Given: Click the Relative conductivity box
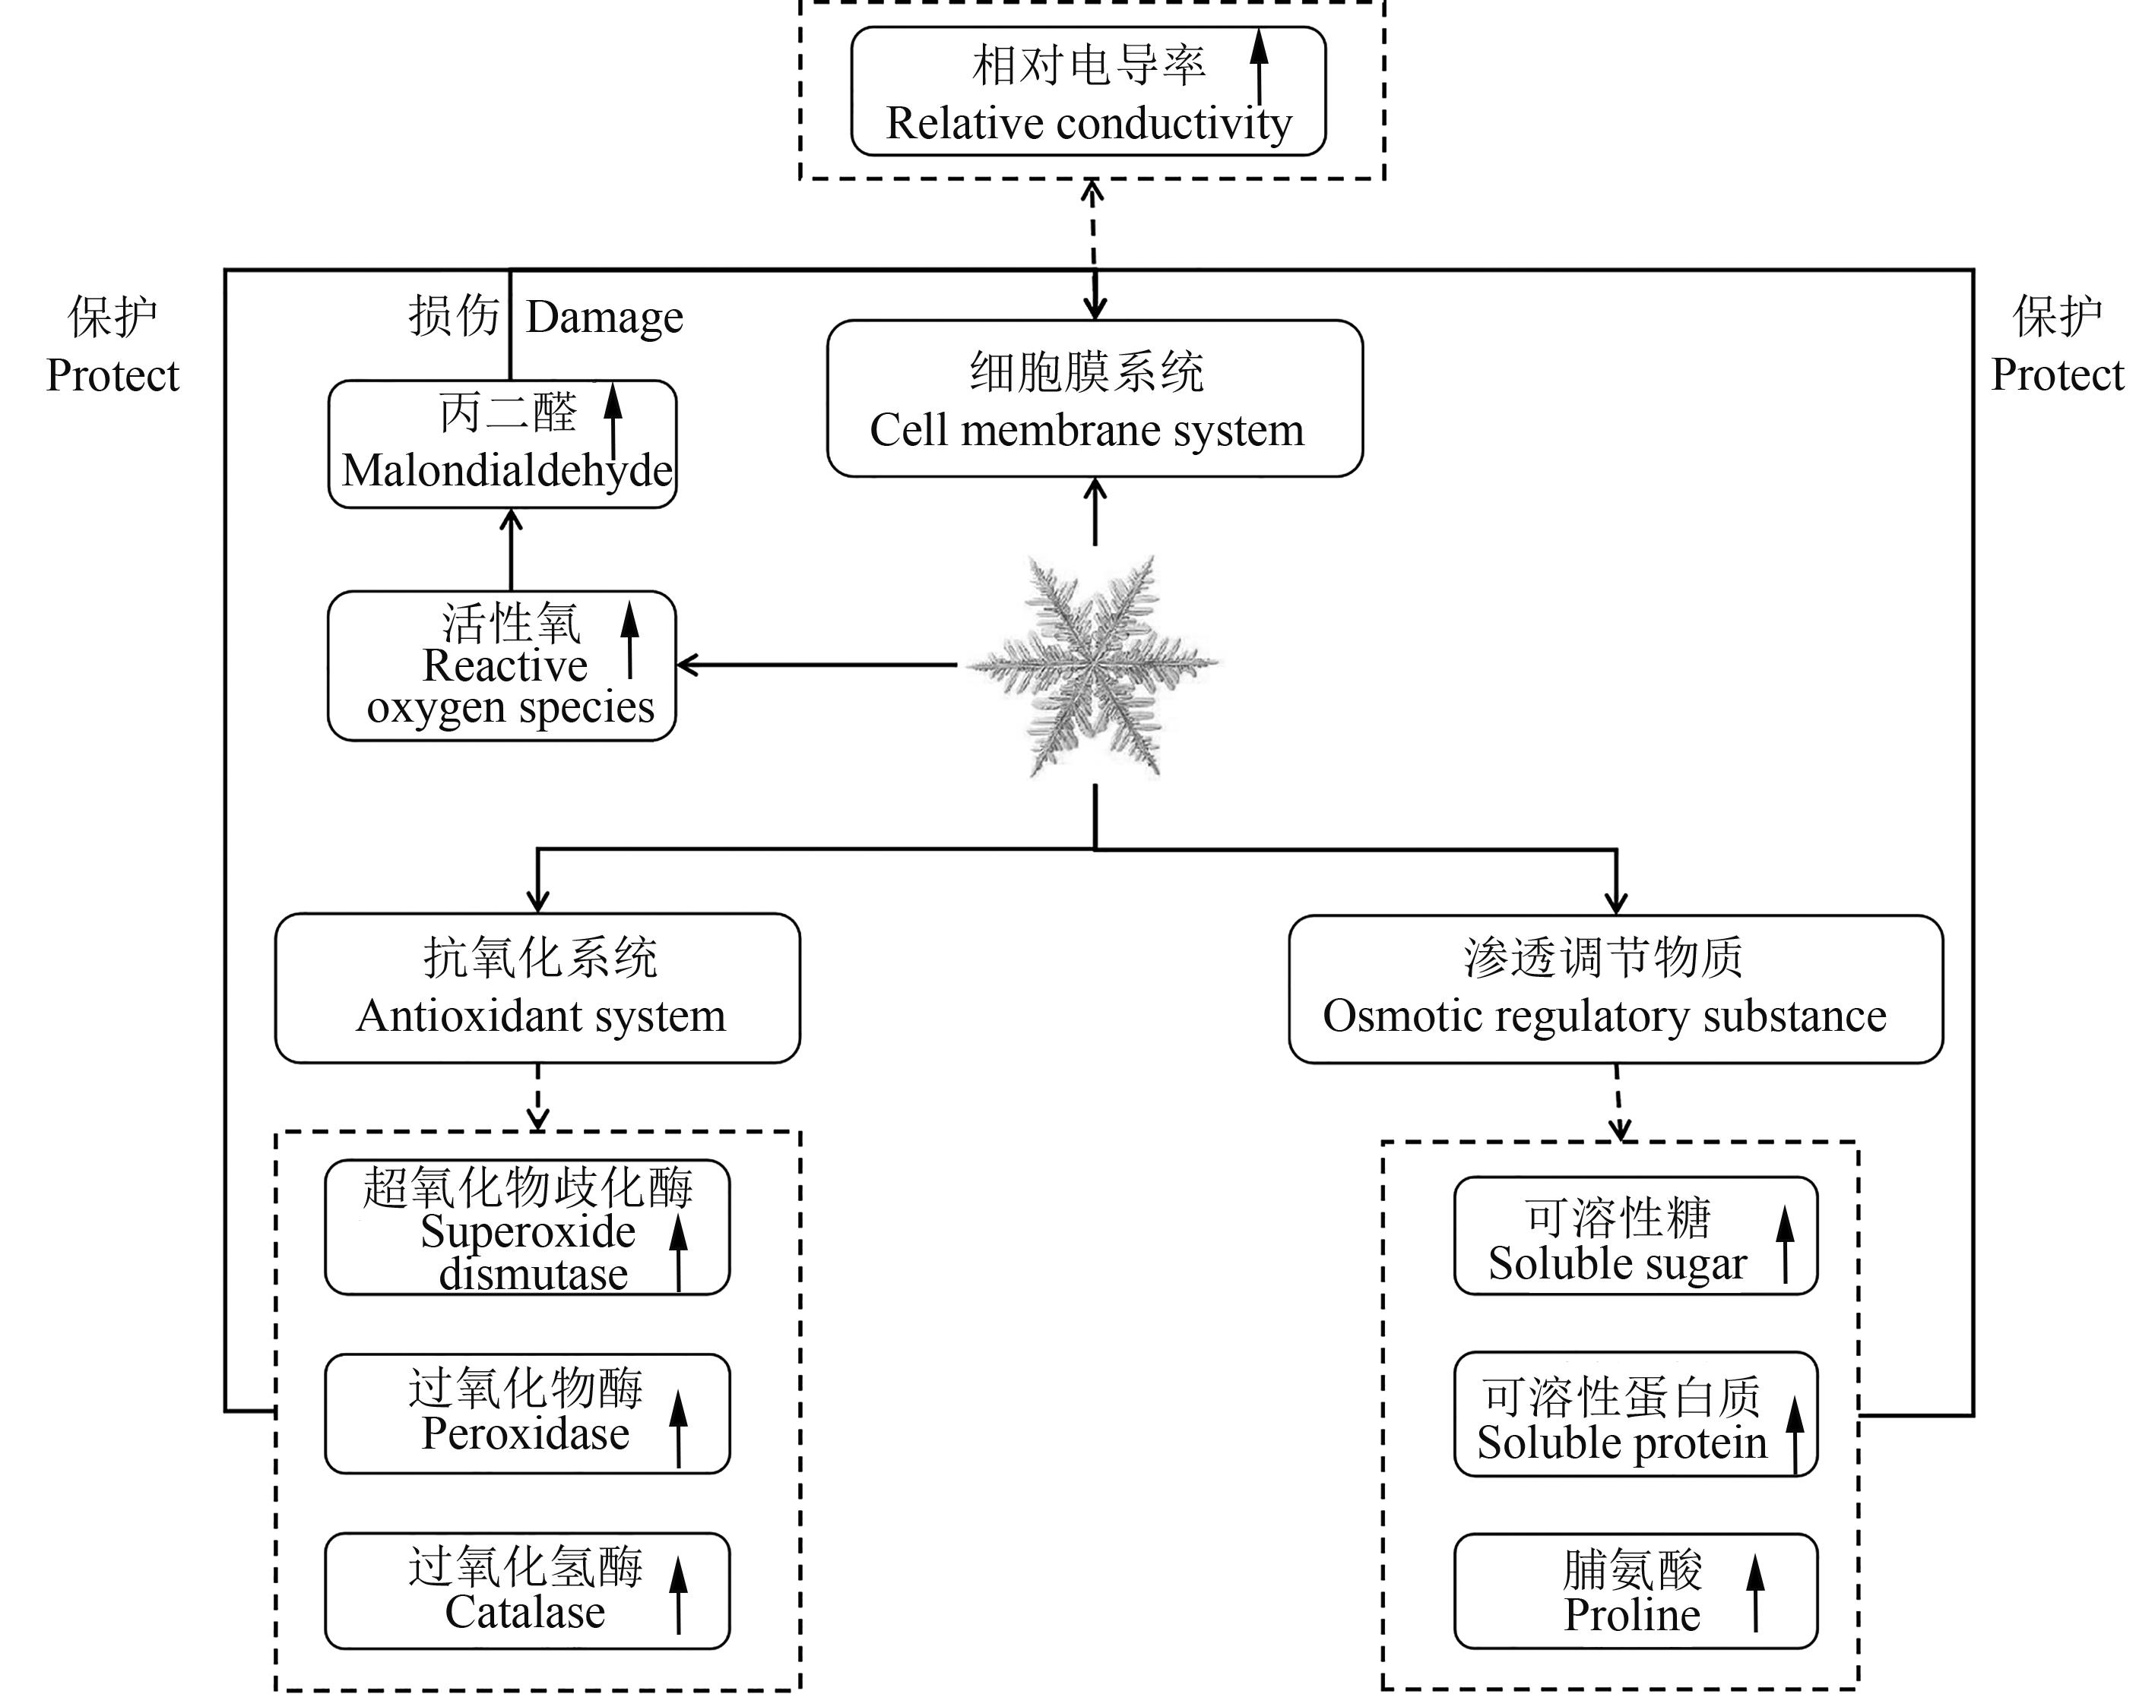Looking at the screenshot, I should pyautogui.click(x=1088, y=91).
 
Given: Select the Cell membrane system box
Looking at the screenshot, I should pyautogui.click(x=1095, y=399).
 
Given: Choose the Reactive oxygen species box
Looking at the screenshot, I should pyautogui.click(x=501, y=665).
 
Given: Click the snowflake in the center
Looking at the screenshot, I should pyautogui.click(x=1092, y=665).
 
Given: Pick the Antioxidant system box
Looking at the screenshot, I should pyautogui.click(x=537, y=988).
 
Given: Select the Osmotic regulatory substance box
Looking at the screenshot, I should pyautogui.click(x=1615, y=989).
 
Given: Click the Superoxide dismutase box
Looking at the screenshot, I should pyautogui.click(x=527, y=1227).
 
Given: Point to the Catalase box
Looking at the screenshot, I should pyautogui.click(x=527, y=1591).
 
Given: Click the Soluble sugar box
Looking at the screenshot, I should pyautogui.click(x=1635, y=1236).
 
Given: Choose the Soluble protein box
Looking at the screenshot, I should pyautogui.click(x=1635, y=1414).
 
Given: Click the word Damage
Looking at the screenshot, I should pyautogui.click(x=604, y=318).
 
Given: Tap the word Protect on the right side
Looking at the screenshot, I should pyautogui.click(x=2057, y=375).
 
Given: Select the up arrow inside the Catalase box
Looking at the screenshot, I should pyautogui.click(x=679, y=1593).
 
